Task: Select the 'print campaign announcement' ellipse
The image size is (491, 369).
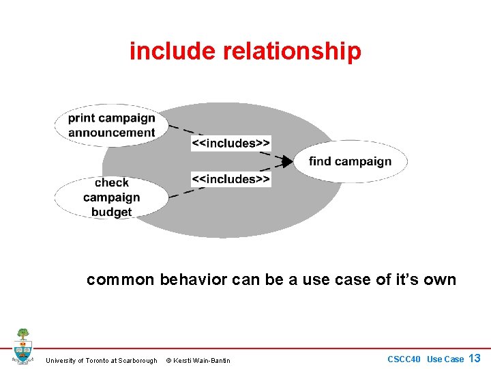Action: [x=111, y=125]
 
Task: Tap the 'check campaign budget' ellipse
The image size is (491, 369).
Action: [x=111, y=197]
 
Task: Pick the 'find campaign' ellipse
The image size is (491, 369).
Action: [x=351, y=161]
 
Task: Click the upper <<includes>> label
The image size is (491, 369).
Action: [x=231, y=143]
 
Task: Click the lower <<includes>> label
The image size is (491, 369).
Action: [x=231, y=179]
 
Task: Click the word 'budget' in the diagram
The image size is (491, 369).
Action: [x=111, y=213]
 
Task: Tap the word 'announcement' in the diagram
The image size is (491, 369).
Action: [x=111, y=133]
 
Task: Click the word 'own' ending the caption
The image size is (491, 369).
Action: [x=441, y=279]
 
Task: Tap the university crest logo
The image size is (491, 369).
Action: [x=23, y=346]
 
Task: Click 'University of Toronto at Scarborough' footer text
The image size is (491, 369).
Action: [x=101, y=360]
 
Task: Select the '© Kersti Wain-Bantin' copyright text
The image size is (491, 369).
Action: [x=198, y=360]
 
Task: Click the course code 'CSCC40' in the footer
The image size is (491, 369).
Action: [x=405, y=359]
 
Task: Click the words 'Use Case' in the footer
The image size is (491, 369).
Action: [x=445, y=359]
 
